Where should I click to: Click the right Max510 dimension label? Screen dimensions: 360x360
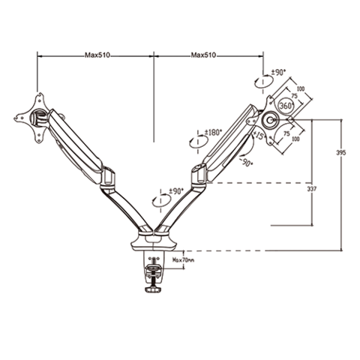204,55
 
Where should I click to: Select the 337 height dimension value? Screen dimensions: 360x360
311,189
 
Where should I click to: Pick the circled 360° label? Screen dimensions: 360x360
285,106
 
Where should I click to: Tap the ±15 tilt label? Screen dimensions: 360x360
258,135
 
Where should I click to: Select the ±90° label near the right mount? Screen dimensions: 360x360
278,72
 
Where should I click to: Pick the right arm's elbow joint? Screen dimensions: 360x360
198,174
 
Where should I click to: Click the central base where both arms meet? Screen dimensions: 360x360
155,237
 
